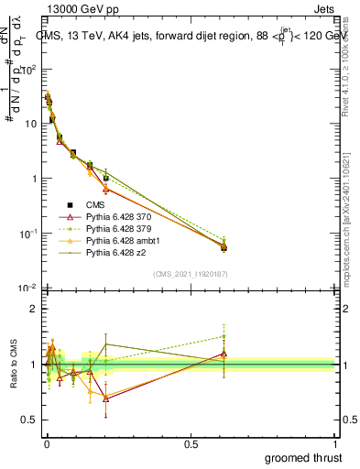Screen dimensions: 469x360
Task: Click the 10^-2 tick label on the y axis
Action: [x=27, y=289]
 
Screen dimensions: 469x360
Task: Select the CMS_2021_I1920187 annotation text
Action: [x=190, y=274]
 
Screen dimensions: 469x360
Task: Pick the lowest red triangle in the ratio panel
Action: [x=106, y=398]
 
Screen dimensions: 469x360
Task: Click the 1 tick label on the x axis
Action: [x=334, y=444]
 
